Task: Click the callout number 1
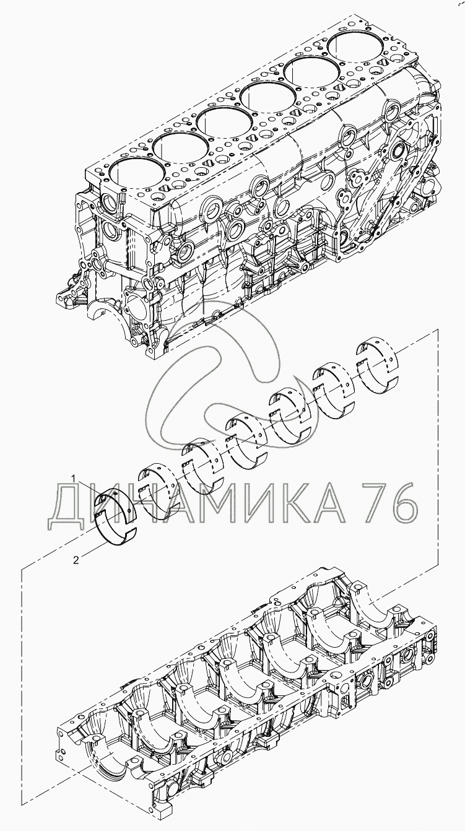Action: click(x=74, y=479)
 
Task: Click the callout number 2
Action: click(x=76, y=560)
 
